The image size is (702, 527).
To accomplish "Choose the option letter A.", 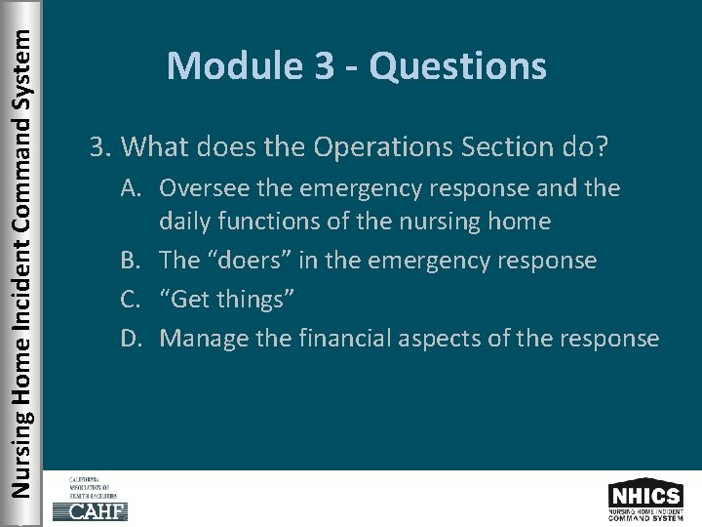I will pyautogui.click(x=139, y=187).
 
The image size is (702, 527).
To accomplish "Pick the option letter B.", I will pyautogui.click(x=139, y=262).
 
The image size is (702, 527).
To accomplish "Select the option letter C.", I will pyautogui.click(x=139, y=300).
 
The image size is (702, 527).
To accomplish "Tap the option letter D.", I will pyautogui.click(x=139, y=338).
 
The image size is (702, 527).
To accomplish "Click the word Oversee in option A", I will pyautogui.click(x=201, y=187).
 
